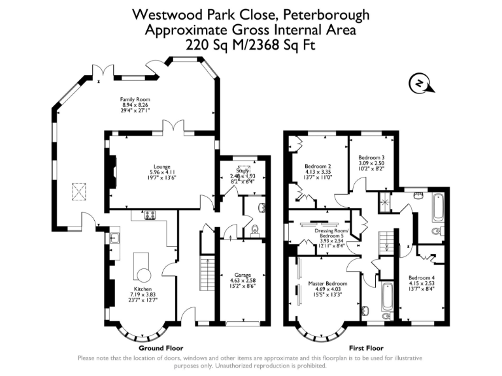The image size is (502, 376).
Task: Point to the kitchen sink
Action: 114,238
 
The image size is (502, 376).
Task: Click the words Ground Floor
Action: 161,348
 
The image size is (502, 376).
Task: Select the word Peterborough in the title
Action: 327,14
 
